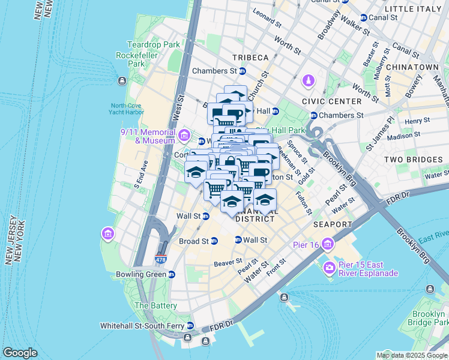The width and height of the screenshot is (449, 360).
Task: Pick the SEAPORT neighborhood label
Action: tap(332, 224)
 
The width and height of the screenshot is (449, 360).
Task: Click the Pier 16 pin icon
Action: tap(328, 244)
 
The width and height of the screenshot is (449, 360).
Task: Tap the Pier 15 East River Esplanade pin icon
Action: tap(330, 267)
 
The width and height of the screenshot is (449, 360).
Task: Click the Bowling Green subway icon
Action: tap(172, 275)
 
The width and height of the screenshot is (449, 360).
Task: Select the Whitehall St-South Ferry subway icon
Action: tap(190, 326)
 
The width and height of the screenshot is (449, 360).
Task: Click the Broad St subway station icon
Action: tap(214, 241)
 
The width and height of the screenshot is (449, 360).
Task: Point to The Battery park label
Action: tap(155, 305)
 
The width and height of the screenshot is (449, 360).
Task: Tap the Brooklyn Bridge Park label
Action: tap(429, 318)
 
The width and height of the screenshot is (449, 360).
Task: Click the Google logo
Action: tap(20, 353)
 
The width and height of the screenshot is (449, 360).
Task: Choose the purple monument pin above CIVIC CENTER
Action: tap(309, 80)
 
